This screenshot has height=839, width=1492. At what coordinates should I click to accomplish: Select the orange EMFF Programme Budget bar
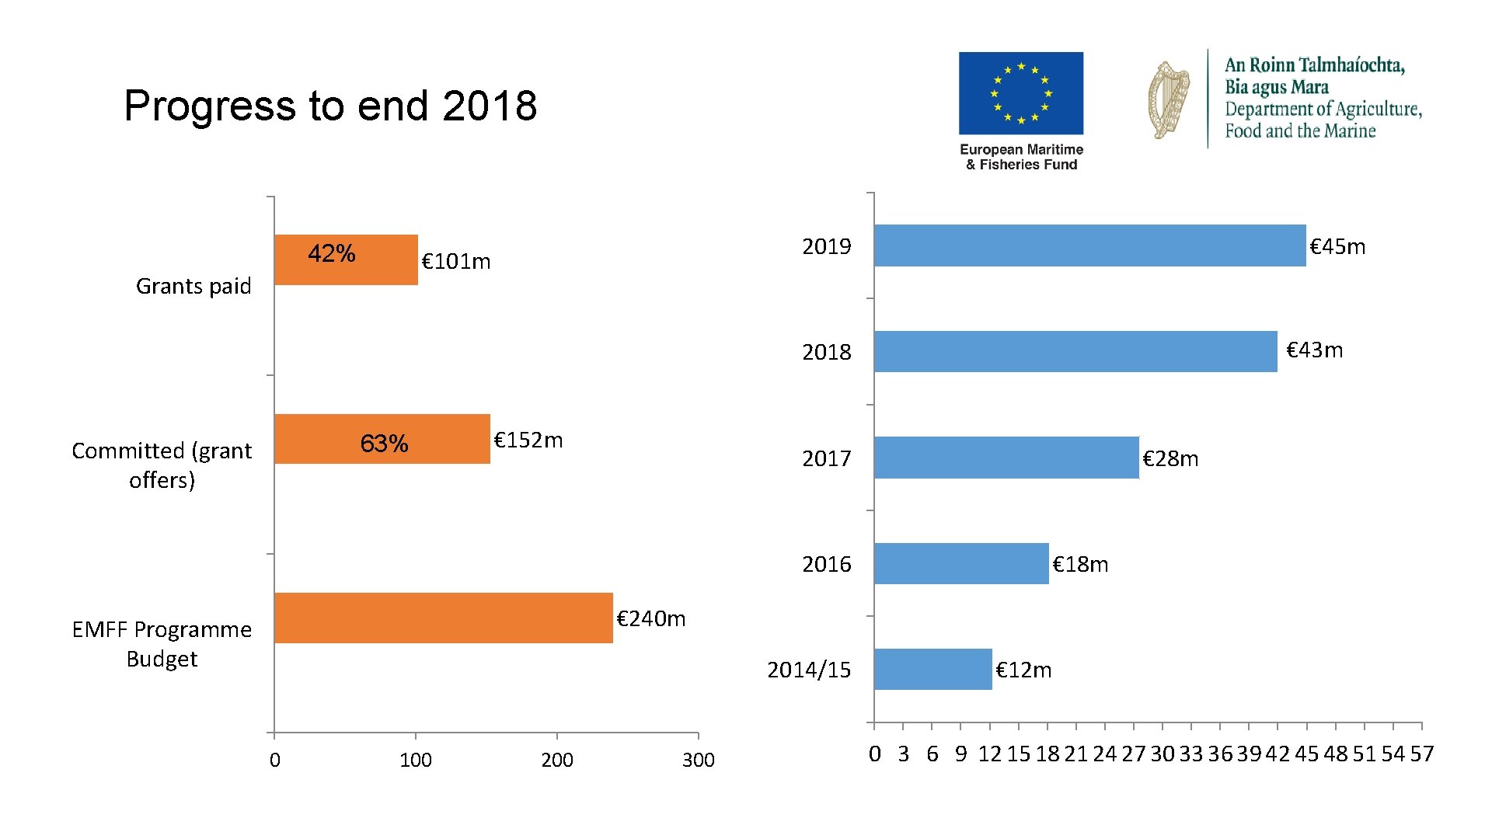point(443,618)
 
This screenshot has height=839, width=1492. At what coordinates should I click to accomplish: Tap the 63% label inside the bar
point(384,444)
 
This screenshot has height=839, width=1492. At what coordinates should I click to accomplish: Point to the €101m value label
point(455,261)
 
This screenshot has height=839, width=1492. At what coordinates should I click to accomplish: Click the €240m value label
point(650,618)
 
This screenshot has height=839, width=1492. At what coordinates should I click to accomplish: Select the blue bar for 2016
point(960,563)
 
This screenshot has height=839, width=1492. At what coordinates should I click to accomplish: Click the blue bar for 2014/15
point(932,669)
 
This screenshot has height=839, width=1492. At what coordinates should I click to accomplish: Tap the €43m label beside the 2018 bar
point(1314,350)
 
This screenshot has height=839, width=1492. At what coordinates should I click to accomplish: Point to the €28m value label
point(1170,458)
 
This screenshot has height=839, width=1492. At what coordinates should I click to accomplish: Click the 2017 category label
point(826,458)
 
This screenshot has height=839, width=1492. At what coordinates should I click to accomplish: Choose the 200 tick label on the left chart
point(556,760)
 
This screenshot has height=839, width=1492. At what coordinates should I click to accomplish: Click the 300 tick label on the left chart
point(698,760)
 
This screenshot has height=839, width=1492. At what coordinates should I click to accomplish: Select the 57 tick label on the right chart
point(1421,754)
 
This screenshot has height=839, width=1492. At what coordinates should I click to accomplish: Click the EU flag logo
point(1020,93)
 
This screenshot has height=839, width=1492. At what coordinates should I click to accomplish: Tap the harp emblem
point(1169,100)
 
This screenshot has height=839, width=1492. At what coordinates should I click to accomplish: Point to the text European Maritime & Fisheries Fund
point(1021,157)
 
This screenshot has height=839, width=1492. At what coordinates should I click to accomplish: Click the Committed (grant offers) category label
point(162,465)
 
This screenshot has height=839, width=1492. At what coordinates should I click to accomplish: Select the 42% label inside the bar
point(331,253)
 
